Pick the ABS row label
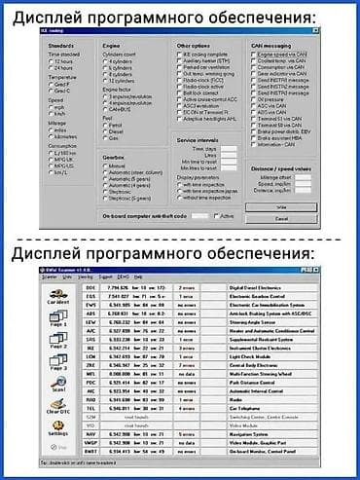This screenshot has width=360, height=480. pos(90,314)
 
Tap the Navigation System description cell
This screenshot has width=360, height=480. pos(251,434)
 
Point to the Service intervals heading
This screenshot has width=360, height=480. pos(200,140)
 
